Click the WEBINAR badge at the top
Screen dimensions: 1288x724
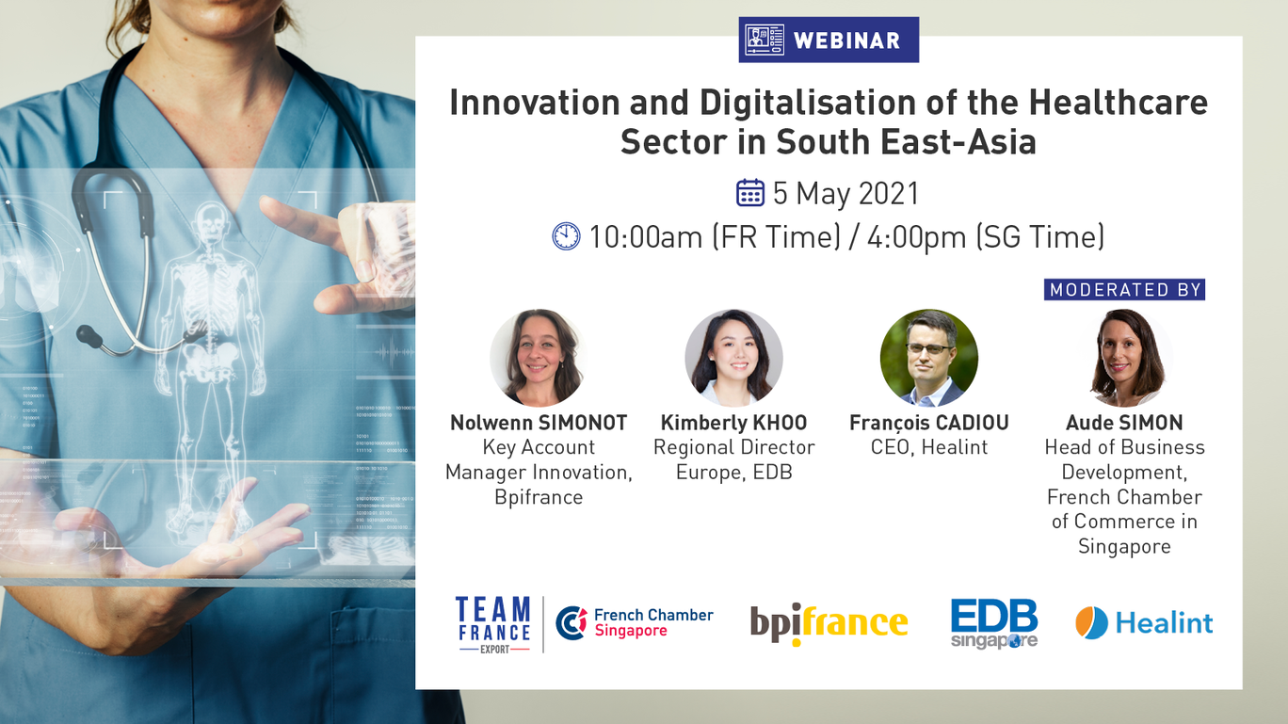pyautogui.click(x=829, y=40)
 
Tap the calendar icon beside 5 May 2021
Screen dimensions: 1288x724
pyautogui.click(x=750, y=193)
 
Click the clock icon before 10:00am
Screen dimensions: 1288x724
pyautogui.click(x=567, y=236)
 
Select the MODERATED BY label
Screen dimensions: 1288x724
pyautogui.click(x=1125, y=289)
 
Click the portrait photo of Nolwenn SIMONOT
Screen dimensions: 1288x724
pyautogui.click(x=539, y=358)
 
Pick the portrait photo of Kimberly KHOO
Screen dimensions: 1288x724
pyautogui.click(x=733, y=358)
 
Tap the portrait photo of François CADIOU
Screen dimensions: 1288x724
pyautogui.click(x=928, y=358)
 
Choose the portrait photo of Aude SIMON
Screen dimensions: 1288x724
pyautogui.click(x=1125, y=358)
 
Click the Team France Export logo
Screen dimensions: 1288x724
pyautogui.click(x=492, y=624)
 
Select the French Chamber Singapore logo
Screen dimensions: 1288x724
pyautogui.click(x=635, y=622)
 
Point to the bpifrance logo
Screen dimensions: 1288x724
pyautogui.click(x=829, y=624)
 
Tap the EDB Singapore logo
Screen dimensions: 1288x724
pyautogui.click(x=994, y=624)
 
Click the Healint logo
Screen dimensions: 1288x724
pyautogui.click(x=1144, y=622)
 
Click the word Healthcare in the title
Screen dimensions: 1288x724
pyautogui.click(x=1118, y=103)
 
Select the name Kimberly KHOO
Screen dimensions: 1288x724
pyautogui.click(x=733, y=423)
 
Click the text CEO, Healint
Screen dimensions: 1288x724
pyautogui.click(x=929, y=447)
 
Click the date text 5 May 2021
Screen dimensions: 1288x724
pyautogui.click(x=845, y=193)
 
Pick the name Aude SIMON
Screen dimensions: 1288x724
pyautogui.click(x=1125, y=423)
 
